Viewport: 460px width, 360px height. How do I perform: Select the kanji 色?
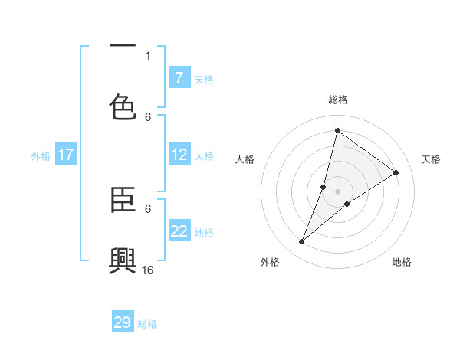pos(123,107)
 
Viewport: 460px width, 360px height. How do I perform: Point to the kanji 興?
pos(123,260)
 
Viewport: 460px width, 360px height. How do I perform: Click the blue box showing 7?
pos(179,78)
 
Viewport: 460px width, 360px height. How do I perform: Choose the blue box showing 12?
pos(179,155)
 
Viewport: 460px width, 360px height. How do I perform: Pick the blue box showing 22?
pos(179,231)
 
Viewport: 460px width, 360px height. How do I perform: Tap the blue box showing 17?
pos(66,155)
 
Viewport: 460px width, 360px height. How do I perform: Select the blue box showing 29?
pos(123,322)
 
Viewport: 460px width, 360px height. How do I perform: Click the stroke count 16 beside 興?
pos(148,270)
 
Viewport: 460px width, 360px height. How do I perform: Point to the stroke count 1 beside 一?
pos(148,55)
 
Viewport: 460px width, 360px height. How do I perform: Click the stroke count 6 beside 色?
pos(148,116)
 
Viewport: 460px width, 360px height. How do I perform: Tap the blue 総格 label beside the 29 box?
pos(147,324)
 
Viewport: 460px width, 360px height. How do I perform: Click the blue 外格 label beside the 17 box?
pos(41,155)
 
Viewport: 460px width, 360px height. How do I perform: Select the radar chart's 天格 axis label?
pos(431,159)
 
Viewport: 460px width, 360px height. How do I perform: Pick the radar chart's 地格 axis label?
pos(402,262)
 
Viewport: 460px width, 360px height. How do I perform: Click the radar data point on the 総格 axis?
pos(337,130)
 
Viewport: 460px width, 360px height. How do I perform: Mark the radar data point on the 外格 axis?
pos(301,242)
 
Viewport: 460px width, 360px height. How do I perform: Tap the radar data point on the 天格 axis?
pos(396,172)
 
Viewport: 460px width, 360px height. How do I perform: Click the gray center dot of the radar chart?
pos(337,191)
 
